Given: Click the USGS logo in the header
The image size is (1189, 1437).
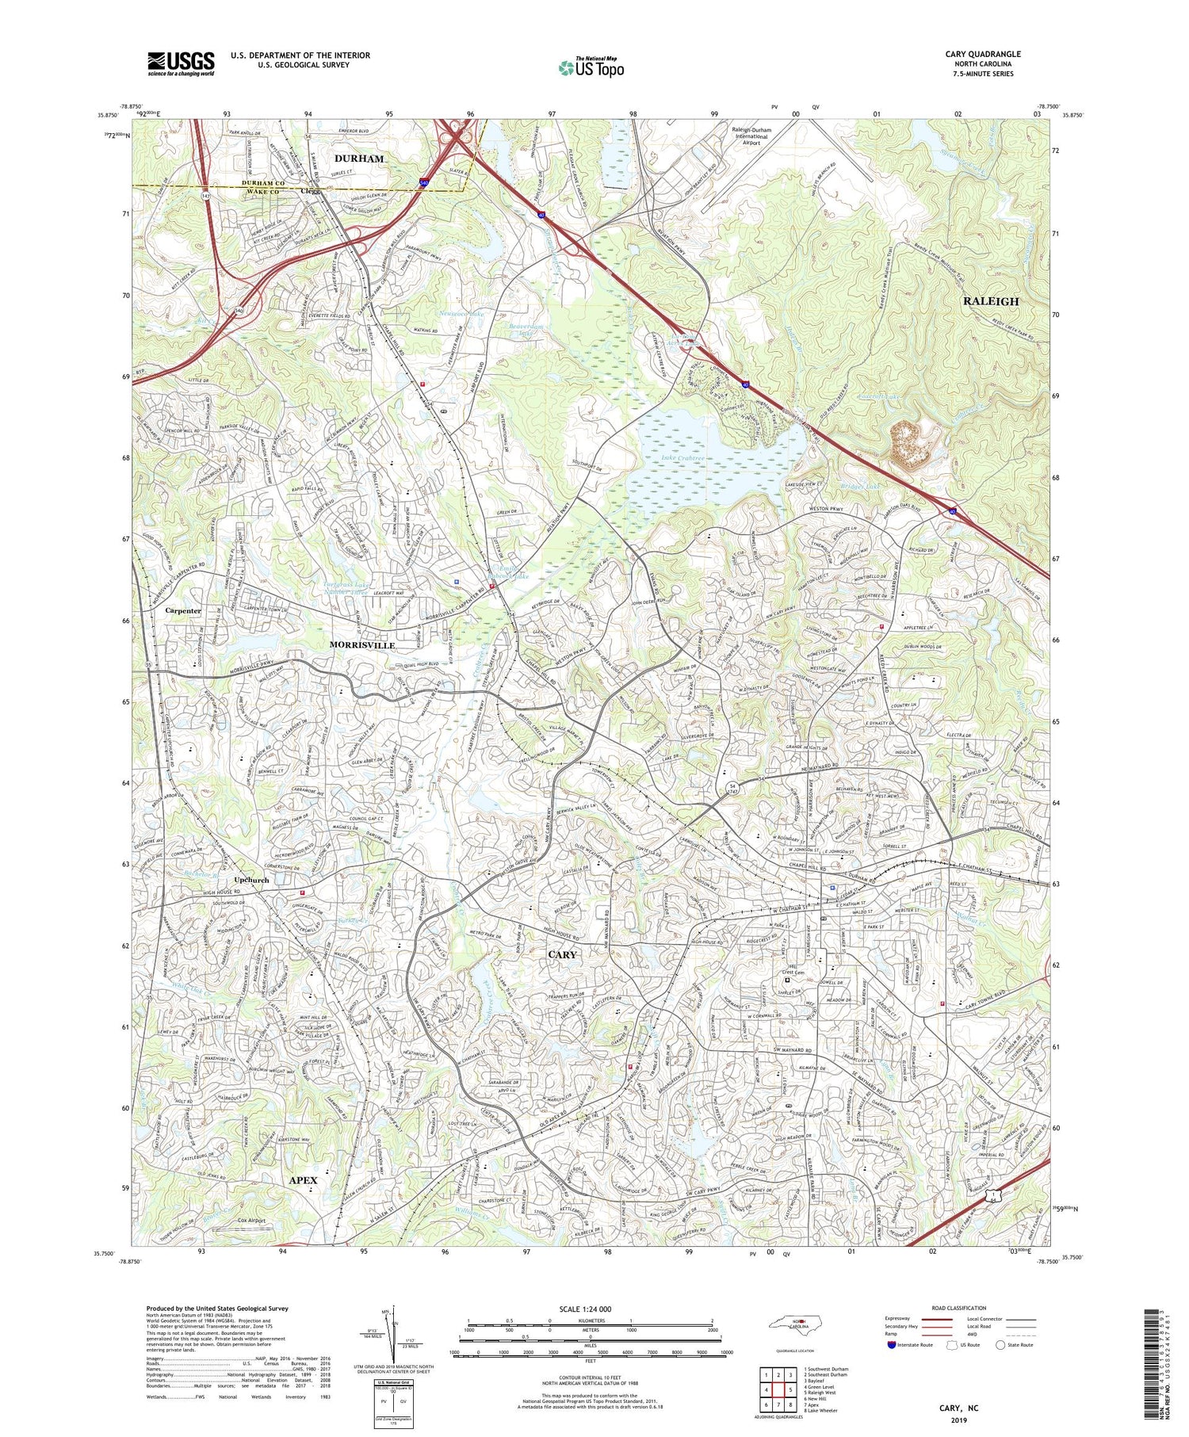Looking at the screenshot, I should [x=181, y=63].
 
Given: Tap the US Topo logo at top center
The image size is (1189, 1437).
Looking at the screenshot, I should [x=591, y=68].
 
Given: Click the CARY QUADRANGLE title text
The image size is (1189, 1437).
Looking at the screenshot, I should [x=982, y=54].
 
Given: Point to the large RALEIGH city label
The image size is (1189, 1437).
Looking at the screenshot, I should [x=990, y=301].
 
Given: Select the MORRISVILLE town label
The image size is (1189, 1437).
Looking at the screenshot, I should [x=362, y=645].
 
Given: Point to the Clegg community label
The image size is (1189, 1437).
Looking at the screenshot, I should [x=311, y=191].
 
